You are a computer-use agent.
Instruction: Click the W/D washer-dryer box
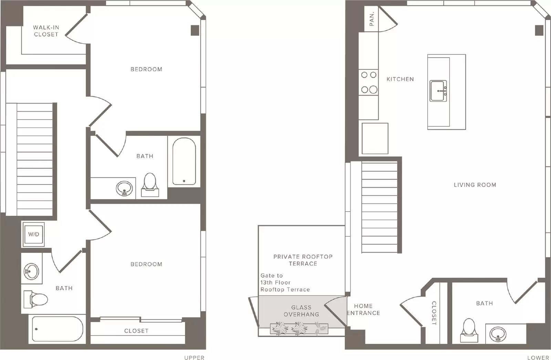(33, 234)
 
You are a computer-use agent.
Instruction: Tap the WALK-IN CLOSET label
(46, 31)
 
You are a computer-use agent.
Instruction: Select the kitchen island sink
(438, 91)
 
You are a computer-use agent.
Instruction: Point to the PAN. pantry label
(372, 19)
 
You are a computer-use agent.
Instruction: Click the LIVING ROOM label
(475, 185)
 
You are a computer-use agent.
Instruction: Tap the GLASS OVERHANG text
(301, 311)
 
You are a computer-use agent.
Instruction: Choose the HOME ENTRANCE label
(363, 310)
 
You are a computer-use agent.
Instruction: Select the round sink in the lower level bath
(498, 334)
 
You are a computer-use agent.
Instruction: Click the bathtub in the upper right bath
(184, 161)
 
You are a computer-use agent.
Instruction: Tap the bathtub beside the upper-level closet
(57, 329)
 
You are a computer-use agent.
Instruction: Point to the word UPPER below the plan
(194, 358)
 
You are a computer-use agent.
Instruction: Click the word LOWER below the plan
(538, 358)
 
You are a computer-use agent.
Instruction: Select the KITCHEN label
(400, 79)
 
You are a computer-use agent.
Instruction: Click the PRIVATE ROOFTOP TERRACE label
(303, 260)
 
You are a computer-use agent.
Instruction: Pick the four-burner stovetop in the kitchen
(368, 82)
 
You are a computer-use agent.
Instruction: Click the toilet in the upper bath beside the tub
(150, 185)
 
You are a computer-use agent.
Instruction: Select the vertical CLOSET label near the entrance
(434, 313)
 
